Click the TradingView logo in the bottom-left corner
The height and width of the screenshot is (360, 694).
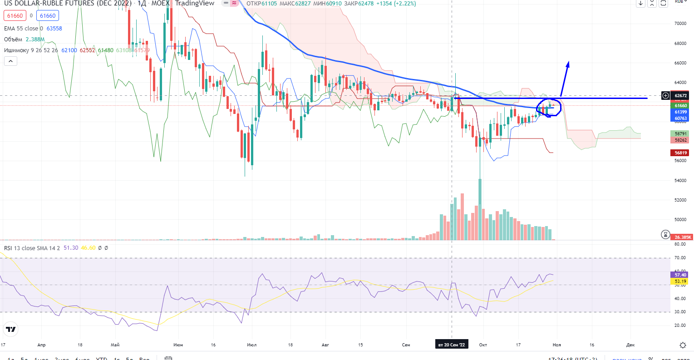[11, 329]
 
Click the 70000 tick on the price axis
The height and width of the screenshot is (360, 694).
[680, 23]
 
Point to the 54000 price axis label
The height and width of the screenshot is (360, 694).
[680, 180]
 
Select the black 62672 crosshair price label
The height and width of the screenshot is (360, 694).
[680, 96]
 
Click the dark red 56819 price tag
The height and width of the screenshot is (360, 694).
[680, 153]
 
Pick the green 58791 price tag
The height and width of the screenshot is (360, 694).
[680, 134]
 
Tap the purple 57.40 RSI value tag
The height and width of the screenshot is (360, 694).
[680, 275]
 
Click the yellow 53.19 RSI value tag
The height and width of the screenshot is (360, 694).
[680, 281]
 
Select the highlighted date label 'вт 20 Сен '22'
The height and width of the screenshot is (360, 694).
[451, 345]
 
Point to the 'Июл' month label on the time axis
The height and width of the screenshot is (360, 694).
[251, 345]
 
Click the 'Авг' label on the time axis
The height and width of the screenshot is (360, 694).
[325, 345]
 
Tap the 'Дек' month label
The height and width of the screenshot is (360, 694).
[630, 345]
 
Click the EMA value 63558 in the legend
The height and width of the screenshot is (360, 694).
[54, 29]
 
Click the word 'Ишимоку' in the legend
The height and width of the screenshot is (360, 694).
[16, 50]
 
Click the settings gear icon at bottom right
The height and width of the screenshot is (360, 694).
[683, 345]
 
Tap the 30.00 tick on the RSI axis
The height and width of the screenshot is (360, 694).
[680, 312]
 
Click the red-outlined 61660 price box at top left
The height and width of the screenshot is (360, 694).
[15, 16]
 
